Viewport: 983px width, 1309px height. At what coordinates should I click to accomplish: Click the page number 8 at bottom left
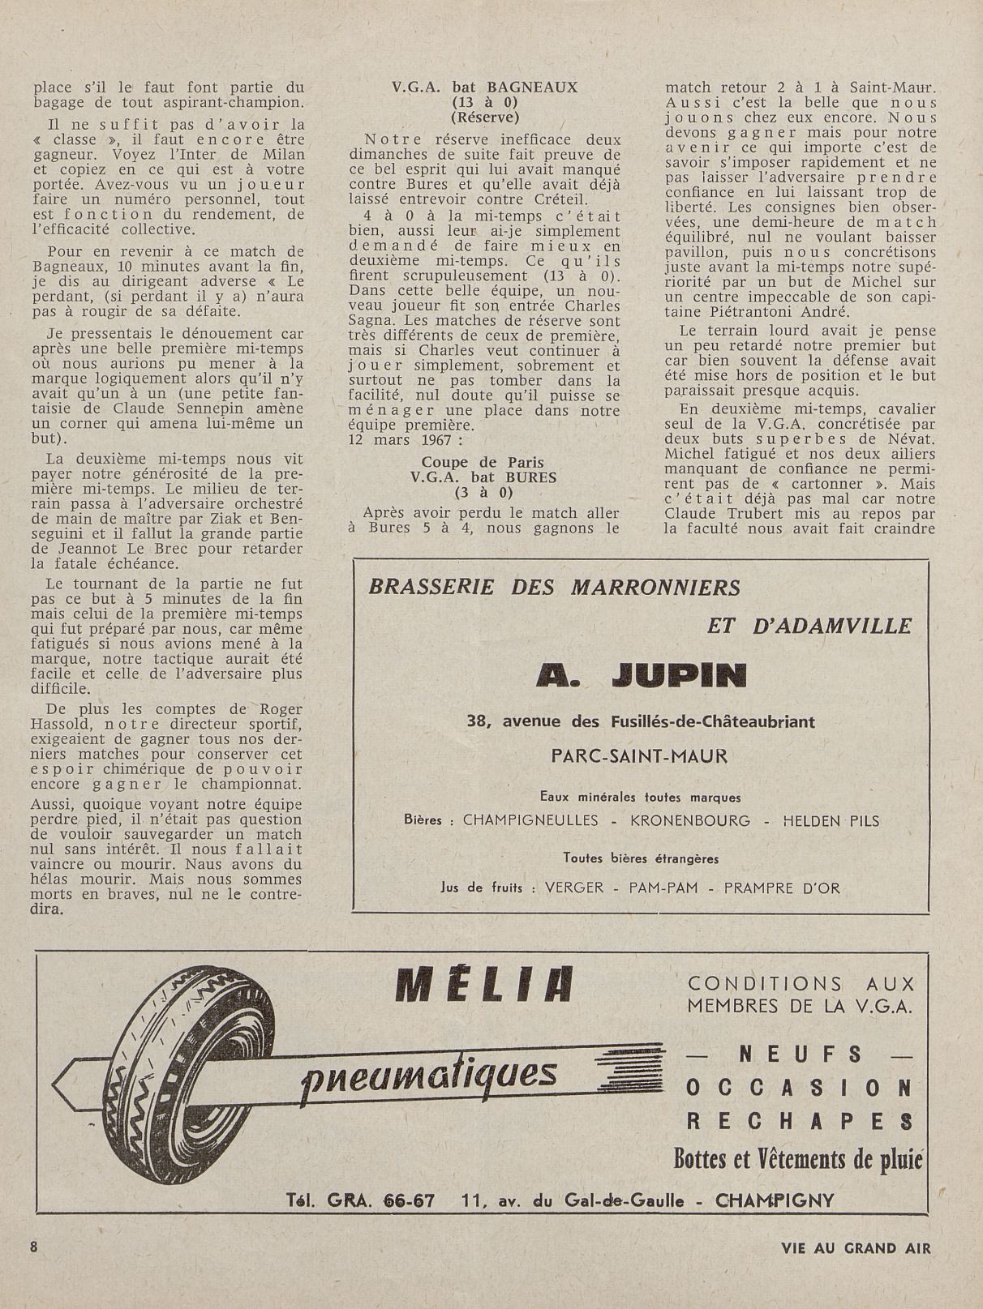click(34, 1247)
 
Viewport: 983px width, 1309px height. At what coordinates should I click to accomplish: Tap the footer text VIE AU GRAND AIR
click(856, 1248)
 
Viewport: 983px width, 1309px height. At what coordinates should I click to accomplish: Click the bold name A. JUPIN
click(641, 675)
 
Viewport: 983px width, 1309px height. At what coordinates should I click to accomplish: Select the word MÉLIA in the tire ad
click(484, 986)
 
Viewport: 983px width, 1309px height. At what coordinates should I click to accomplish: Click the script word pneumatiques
click(429, 1075)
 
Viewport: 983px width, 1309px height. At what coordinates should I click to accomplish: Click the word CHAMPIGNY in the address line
click(775, 1200)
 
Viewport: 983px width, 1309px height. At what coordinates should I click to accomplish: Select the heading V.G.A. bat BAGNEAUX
click(485, 88)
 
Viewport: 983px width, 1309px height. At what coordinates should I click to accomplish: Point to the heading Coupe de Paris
click(484, 462)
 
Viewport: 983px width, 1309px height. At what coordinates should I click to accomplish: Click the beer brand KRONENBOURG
click(690, 820)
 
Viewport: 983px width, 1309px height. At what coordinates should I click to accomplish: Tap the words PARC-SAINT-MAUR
click(639, 756)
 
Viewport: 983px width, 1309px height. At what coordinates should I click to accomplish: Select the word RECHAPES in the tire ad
click(800, 1121)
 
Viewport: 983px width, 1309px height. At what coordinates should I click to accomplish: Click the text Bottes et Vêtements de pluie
click(798, 1160)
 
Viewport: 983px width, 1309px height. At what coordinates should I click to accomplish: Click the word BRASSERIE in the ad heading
click(431, 587)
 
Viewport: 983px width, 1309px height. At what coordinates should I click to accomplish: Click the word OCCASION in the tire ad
click(800, 1088)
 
